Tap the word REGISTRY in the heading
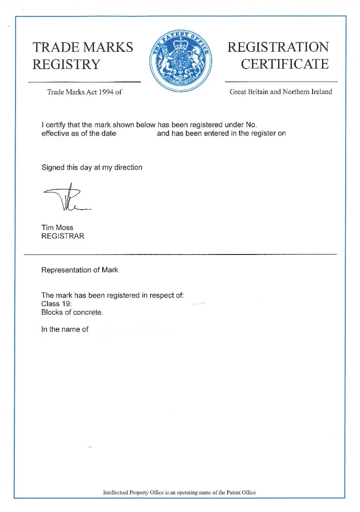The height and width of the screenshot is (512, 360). [66, 64]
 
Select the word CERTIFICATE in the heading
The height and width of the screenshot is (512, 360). [285, 64]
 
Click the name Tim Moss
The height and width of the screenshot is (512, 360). [57, 228]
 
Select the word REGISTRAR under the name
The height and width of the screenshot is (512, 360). [63, 236]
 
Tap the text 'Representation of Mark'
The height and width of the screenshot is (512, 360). [79, 270]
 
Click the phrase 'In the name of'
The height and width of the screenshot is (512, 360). [65, 329]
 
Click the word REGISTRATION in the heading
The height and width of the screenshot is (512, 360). [278, 47]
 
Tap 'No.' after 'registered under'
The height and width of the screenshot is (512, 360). [251, 125]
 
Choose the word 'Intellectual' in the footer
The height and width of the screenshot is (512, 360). [115, 493]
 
